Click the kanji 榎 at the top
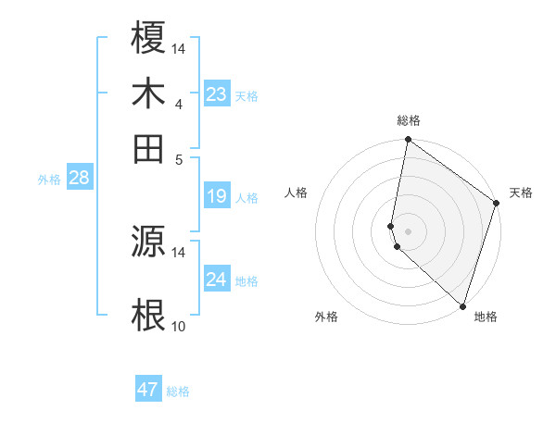coord(148,39)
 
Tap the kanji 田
coord(148,147)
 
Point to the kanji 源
coord(148,241)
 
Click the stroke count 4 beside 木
coord(178,105)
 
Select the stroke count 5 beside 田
coord(178,158)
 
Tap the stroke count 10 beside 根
coord(178,326)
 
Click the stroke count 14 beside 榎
coord(178,48)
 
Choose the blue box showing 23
coord(216,94)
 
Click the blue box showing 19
coord(216,196)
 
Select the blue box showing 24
coord(216,280)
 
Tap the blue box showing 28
coord(79,179)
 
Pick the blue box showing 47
coord(148,390)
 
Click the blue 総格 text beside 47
coord(178,391)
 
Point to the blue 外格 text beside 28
coord(49,180)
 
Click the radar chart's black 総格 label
coord(408,120)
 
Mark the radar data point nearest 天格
coord(497,204)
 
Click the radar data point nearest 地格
coord(461,305)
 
